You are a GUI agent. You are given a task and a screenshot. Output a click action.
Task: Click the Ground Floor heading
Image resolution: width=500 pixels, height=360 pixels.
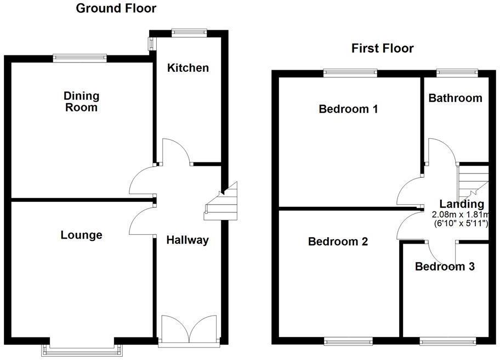116,8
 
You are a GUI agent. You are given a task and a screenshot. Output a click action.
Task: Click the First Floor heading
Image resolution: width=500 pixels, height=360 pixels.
382,48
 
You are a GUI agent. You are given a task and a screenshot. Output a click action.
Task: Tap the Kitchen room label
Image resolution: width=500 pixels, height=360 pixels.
188,68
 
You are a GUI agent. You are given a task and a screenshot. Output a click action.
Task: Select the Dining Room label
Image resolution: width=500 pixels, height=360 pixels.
81,102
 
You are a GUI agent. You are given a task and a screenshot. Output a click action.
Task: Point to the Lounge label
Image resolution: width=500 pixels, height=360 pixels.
81,235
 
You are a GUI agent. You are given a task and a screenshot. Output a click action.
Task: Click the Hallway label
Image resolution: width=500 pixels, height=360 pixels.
187,240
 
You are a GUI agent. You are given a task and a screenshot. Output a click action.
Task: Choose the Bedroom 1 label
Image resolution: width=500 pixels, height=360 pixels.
348,109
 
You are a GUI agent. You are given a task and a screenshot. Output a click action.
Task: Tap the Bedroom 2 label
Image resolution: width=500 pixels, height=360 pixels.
337,241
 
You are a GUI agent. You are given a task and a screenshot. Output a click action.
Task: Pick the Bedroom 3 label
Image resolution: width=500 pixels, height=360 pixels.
445,267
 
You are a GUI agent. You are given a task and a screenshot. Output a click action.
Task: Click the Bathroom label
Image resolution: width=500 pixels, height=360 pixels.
456,98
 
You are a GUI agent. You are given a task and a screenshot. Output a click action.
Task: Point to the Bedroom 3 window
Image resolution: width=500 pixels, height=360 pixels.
446,341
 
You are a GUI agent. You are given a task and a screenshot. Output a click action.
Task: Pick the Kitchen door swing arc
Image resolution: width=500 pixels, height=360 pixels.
175,149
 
